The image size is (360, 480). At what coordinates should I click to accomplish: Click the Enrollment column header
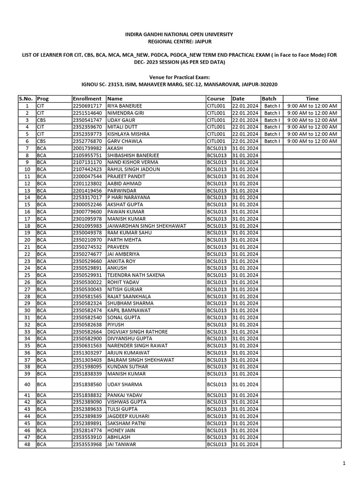click(87, 99)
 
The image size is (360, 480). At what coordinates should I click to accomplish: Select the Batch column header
click(269, 99)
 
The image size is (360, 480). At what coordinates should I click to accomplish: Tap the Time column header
click(312, 99)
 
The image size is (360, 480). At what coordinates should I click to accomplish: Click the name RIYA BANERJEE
click(125, 106)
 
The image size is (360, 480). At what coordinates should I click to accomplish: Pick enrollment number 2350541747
click(87, 120)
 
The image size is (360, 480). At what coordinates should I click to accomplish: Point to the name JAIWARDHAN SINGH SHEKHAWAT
click(147, 226)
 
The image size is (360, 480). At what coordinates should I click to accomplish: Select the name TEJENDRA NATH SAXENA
click(137, 275)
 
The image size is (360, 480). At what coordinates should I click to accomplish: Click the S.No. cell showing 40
click(27, 384)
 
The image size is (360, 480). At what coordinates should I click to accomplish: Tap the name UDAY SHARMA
click(125, 384)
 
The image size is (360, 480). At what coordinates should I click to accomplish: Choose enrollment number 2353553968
click(87, 444)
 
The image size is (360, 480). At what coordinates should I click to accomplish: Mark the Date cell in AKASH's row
click(245, 148)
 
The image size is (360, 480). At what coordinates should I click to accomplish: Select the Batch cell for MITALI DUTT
click(271, 127)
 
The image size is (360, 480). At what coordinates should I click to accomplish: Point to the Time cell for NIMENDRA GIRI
click(312, 113)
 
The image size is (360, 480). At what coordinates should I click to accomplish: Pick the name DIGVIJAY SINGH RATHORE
click(137, 332)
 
